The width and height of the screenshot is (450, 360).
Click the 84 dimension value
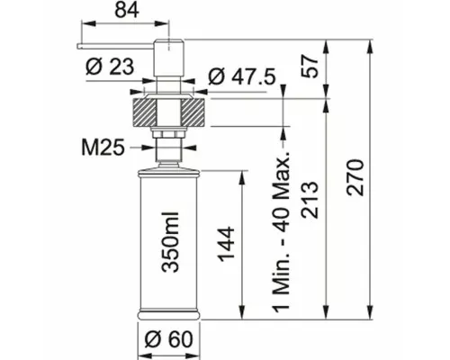click(127, 11)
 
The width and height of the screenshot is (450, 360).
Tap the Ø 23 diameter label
click(110, 67)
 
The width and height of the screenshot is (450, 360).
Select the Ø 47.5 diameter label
click(242, 77)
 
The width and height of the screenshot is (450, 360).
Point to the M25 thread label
click(103, 148)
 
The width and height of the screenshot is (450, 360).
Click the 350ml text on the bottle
click(170, 242)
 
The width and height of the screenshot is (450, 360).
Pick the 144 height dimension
click(226, 245)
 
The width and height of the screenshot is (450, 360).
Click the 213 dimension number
click(310, 200)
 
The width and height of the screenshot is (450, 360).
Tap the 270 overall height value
click(355, 178)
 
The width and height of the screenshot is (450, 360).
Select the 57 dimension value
click(310, 67)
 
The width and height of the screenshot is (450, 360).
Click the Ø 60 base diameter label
click(168, 339)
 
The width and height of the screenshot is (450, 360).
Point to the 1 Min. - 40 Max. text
click(282, 229)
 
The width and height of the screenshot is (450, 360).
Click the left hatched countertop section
click(145, 112)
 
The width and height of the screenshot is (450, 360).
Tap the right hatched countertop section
click(193, 112)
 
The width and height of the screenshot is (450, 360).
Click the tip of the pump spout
click(78, 47)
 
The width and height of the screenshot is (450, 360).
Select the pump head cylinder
click(168, 58)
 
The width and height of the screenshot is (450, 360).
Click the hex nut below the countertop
click(168, 134)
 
